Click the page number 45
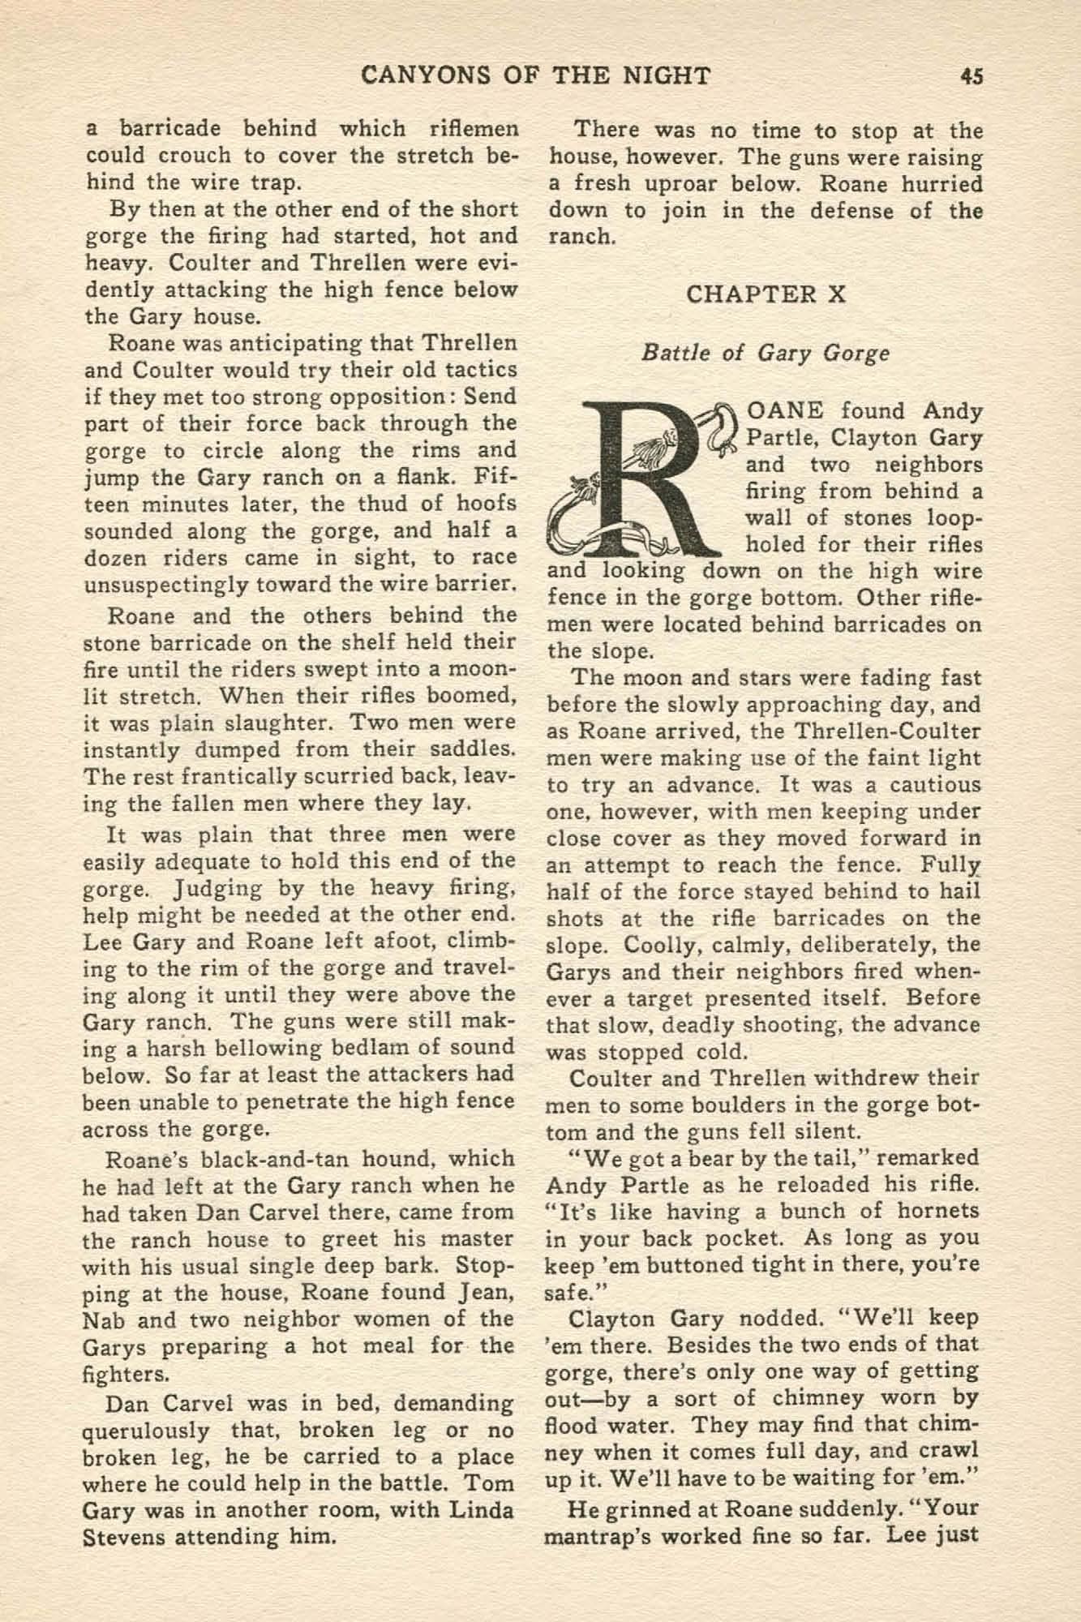971,76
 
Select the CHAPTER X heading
766,294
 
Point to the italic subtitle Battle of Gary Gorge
766,354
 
